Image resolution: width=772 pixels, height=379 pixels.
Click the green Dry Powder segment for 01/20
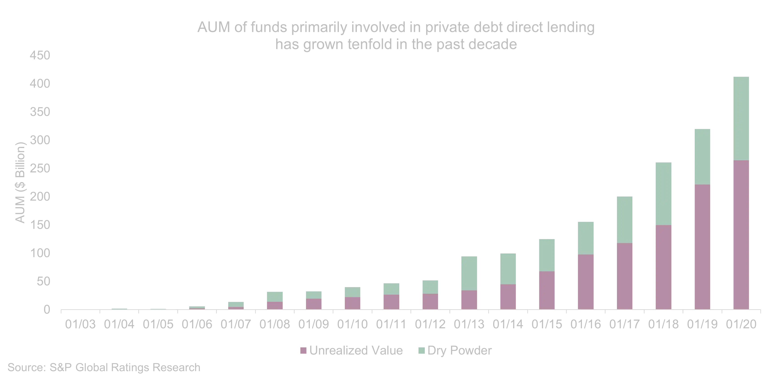[741, 118]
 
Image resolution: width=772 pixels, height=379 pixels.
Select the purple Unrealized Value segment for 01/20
[741, 235]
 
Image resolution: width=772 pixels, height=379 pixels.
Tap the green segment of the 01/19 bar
[703, 156]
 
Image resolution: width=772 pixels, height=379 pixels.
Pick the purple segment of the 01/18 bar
[664, 267]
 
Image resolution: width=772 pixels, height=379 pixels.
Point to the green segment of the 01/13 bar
[470, 272]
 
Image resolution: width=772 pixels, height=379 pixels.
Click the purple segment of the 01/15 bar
[547, 290]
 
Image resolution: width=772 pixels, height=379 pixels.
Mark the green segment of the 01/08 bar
[274, 296]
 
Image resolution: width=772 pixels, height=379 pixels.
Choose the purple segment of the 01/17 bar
[625, 276]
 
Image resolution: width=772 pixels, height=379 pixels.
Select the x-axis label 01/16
[586, 325]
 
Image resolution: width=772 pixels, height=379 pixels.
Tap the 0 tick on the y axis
[46, 309]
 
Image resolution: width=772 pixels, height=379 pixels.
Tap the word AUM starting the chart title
[214, 28]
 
